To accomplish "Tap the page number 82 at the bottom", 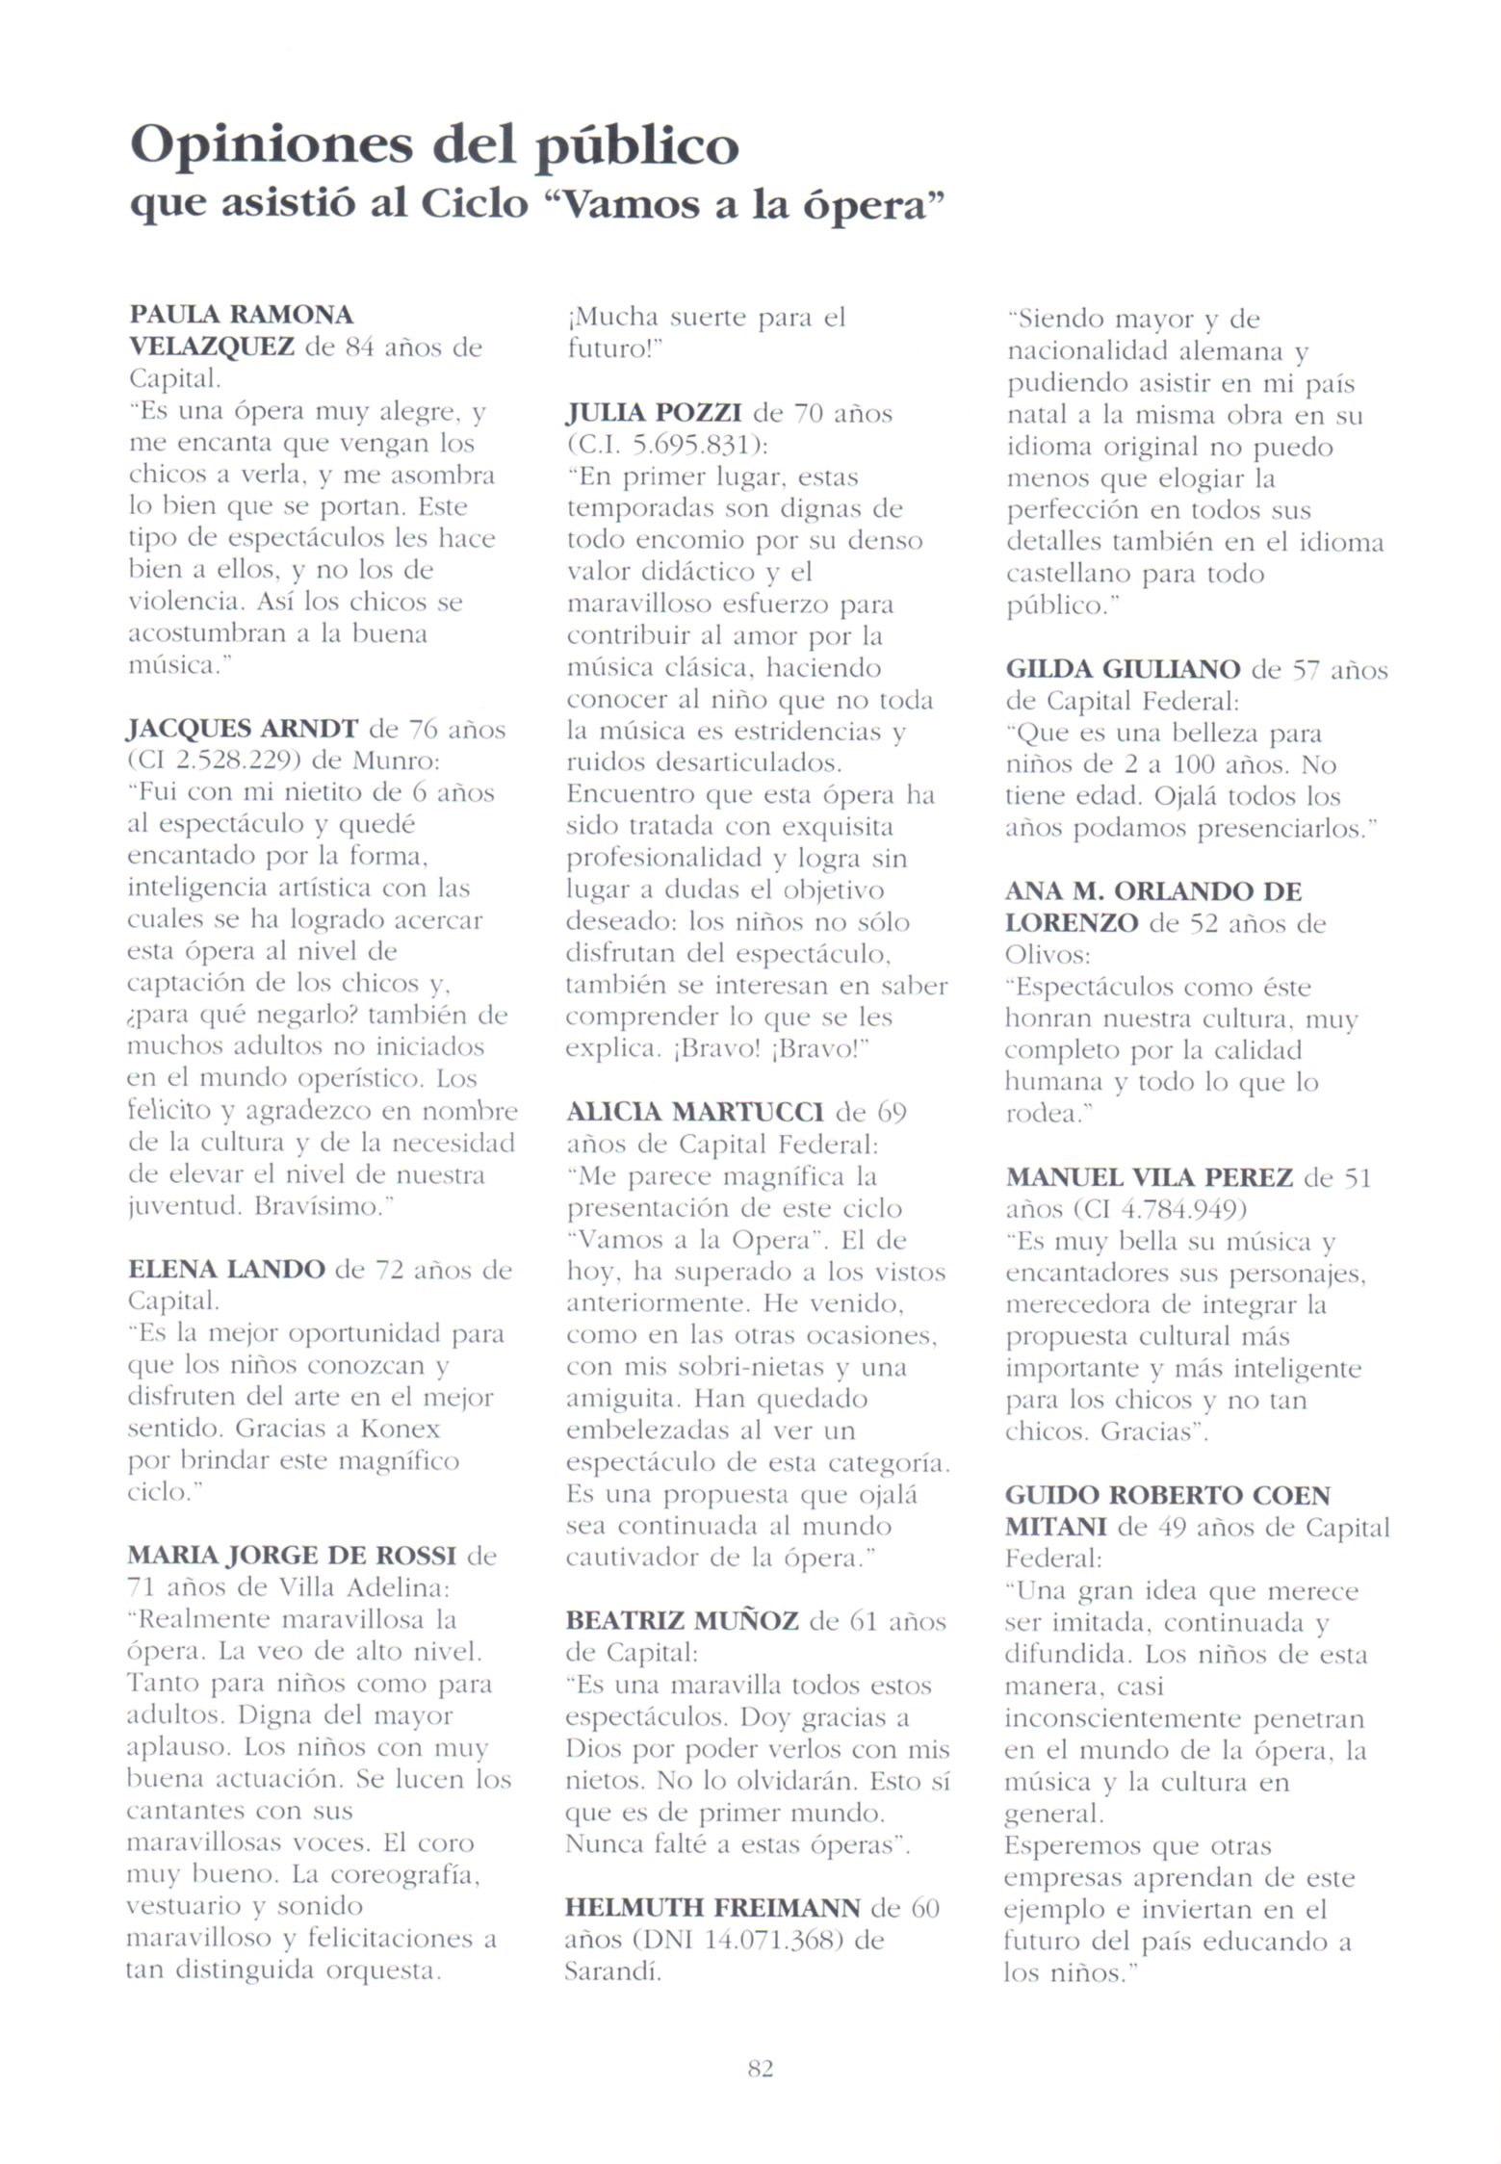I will click(760, 2068).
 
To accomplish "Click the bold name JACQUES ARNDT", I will click(243, 729).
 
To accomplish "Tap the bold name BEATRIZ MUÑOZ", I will click(682, 1621).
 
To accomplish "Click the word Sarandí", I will click(612, 1971).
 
